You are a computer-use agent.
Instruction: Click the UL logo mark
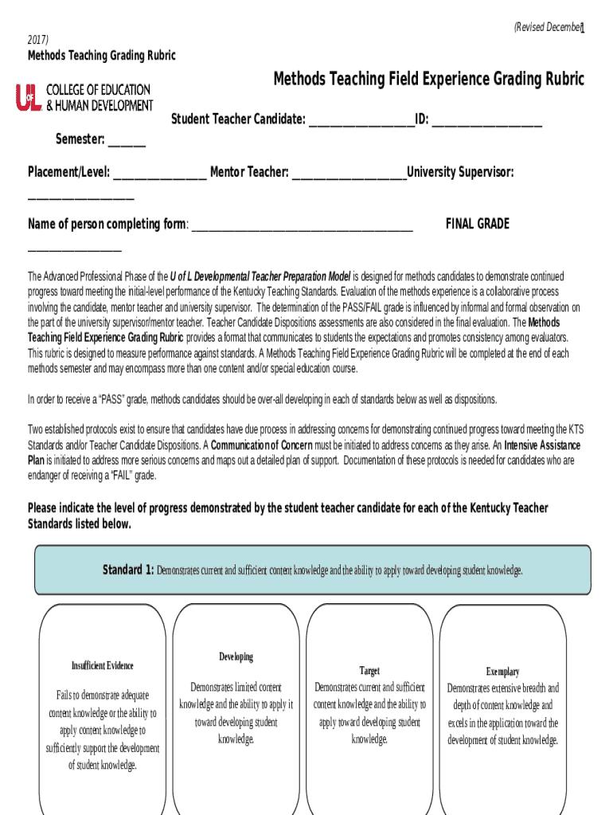(x=28, y=97)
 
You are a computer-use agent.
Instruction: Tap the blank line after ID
(x=486, y=122)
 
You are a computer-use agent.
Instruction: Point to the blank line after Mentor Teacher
(x=349, y=174)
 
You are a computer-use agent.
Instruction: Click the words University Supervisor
(x=460, y=172)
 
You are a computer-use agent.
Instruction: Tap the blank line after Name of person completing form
(x=302, y=226)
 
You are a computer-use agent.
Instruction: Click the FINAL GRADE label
(x=477, y=224)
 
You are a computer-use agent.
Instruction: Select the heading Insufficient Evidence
(x=103, y=665)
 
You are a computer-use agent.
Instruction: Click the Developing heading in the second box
(x=236, y=657)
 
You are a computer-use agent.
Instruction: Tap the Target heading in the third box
(x=369, y=671)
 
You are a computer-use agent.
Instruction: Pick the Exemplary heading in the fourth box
(x=502, y=672)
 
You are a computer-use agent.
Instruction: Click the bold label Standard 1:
(x=128, y=570)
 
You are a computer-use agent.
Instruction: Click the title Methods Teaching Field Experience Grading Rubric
(x=428, y=79)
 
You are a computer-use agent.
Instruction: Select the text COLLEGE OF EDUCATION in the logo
(x=98, y=90)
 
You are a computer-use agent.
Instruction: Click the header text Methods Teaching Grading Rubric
(x=102, y=55)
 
